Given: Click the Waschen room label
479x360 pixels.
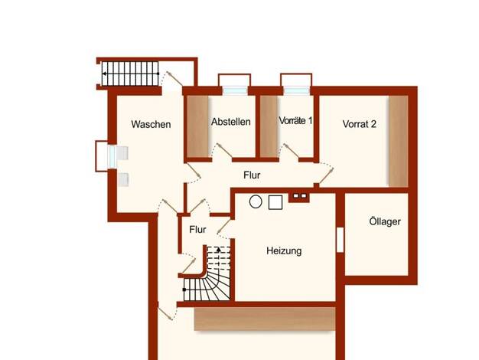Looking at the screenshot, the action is point(151,124).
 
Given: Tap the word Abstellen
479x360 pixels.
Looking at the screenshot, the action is point(231,122).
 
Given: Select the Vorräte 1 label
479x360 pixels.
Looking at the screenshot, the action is point(295,120).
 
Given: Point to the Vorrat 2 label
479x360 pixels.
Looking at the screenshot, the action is point(360,124).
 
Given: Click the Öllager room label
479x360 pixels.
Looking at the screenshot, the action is point(385,221).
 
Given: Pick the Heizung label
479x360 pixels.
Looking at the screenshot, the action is point(284,250).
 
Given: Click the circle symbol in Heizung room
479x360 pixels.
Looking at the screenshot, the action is point(256,202).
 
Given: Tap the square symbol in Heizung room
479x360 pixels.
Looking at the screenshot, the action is point(275,202).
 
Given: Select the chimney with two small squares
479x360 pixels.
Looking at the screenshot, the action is point(300,196).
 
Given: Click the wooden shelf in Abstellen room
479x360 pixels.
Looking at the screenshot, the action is point(197,126).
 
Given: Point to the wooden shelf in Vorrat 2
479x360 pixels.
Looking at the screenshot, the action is point(399,141).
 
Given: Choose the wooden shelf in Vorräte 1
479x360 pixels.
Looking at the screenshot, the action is point(269,126).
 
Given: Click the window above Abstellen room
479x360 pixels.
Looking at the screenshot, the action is point(235,90).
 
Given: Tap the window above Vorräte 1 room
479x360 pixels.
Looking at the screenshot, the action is point(296,90).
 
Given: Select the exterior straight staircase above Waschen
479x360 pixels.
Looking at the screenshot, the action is point(130,74).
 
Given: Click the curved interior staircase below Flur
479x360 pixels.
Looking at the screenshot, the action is point(207,273).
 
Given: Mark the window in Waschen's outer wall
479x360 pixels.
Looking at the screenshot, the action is point(112,156).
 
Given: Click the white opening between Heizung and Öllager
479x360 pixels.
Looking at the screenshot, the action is point(340,240).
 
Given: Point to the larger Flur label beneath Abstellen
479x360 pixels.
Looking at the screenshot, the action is point(252,175).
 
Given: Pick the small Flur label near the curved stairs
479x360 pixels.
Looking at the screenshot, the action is point(197,229).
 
